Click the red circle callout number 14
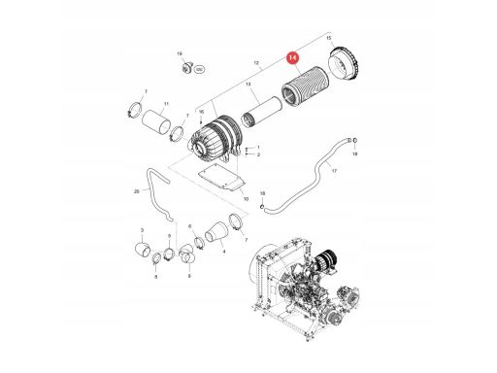point(292,59)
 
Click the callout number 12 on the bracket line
point(256,63)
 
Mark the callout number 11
point(166,103)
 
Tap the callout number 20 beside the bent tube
point(136,191)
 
